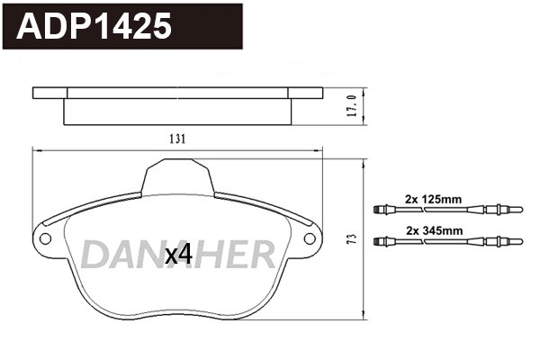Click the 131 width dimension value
[178, 139]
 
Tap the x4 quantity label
[178, 255]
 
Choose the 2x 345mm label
[434, 229]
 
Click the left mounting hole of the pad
[44, 239]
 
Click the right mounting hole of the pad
[311, 239]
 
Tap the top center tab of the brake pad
[177, 173]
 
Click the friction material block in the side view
[177, 110]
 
